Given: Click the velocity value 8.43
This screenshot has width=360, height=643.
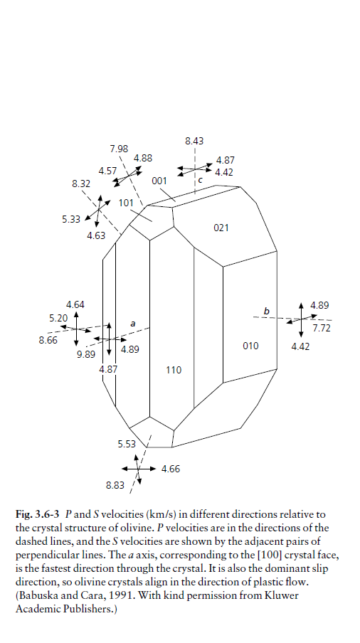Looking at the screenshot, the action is pos(194,141).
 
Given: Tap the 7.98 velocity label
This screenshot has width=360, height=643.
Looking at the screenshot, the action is pos(119,149).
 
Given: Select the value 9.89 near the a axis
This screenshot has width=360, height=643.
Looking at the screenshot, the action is pos(86,355).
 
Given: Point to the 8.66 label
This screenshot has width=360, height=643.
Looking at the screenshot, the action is pos(48,340).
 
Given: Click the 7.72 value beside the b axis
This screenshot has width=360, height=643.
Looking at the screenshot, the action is pos(321,328).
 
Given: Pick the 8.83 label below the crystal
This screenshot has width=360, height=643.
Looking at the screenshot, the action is pos(115,485).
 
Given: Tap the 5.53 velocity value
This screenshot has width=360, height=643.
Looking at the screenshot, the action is pos(127,444).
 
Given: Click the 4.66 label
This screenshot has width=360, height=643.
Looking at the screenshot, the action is pos(171,469).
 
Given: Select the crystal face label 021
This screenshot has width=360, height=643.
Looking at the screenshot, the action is pos(221,228).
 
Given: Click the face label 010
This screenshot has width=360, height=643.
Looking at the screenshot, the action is pos(250,346).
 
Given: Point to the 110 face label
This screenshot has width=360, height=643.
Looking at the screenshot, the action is pos(174,370).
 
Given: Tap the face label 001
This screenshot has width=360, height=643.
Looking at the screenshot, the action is pos(159,181).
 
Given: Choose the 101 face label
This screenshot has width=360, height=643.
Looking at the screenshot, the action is pos(126,203).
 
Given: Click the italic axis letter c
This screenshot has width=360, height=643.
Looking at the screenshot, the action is pos(200,180).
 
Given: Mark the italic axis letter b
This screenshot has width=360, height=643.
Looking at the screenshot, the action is pos(267,312).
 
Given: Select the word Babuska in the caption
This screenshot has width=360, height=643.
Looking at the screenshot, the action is pos(34,595).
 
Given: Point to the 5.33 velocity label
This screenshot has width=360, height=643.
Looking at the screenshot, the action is pos(71,219).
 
